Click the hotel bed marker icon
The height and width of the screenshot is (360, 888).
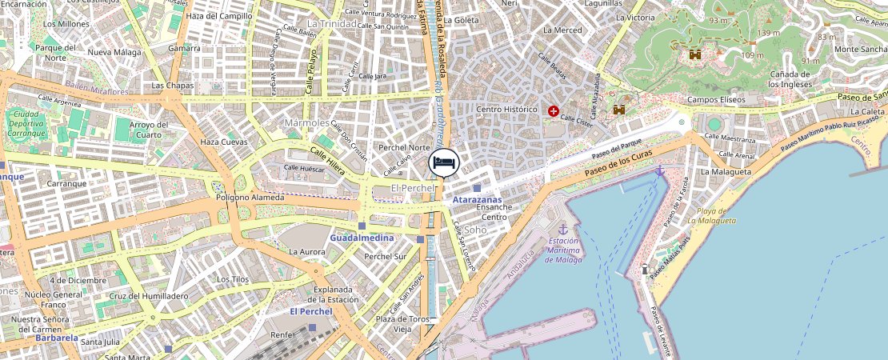[x=445, y=162]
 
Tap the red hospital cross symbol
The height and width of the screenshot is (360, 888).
[x=553, y=111]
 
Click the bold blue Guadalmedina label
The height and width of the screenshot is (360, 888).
[x=362, y=238]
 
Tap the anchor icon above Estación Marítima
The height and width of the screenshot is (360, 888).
[x=562, y=229]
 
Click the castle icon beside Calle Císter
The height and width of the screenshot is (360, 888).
[x=618, y=110]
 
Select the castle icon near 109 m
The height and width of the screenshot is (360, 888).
[x=695, y=54]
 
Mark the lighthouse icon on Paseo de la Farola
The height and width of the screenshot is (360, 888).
[x=645, y=269]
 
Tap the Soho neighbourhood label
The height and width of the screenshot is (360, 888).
[x=475, y=230]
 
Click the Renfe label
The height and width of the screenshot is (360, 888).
[x=282, y=334]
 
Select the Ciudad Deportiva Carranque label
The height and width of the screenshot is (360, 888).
[x=27, y=124]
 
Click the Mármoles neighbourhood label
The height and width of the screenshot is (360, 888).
[x=306, y=123]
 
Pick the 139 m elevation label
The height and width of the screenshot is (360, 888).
[x=768, y=33]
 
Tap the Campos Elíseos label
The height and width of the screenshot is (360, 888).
[x=716, y=100]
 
